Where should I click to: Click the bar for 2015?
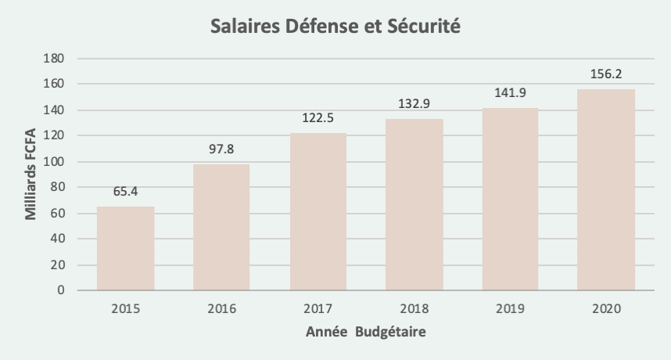(125, 249)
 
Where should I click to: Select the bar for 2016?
(221, 227)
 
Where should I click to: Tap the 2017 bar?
(318, 211)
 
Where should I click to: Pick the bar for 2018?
(414, 205)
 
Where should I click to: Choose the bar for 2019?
(511, 200)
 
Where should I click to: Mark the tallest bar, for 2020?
(607, 190)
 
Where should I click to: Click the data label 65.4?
(125, 191)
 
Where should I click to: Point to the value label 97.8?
(221, 149)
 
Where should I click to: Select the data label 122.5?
(318, 117)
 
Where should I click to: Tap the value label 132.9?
(414, 104)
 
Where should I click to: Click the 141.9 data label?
(511, 92)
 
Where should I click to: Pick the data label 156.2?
(607, 74)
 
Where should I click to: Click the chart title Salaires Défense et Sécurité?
(336, 27)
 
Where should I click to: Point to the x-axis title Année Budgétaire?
(366, 332)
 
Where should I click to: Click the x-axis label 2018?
(414, 308)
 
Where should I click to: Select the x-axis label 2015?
(125, 308)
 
